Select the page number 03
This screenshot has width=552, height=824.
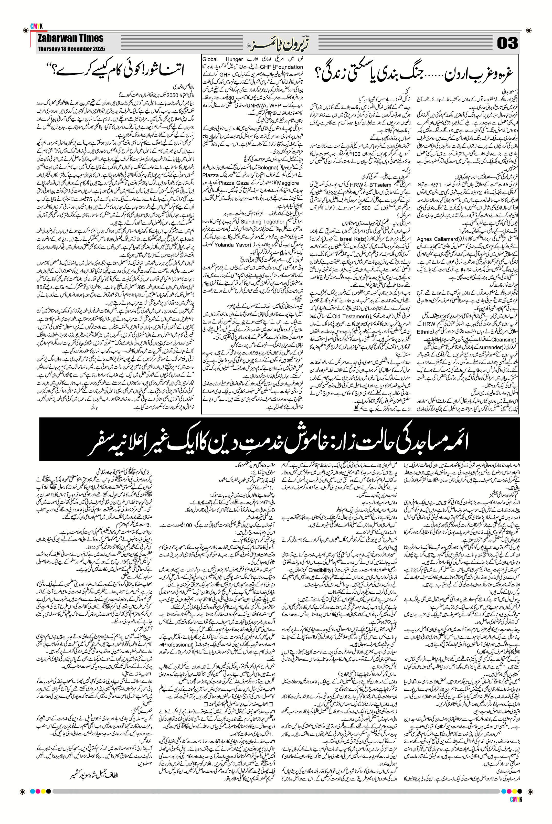(507, 44)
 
